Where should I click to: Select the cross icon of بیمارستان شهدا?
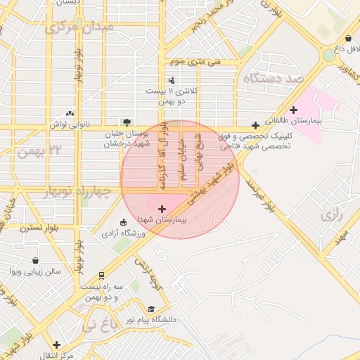(163, 208)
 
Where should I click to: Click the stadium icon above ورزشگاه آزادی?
(124, 222)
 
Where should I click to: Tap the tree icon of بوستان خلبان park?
(127, 122)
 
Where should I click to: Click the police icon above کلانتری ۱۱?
(171, 80)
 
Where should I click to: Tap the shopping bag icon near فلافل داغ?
(349, 39)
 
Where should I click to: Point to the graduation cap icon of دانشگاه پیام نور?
(150, 309)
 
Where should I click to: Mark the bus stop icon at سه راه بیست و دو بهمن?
(101, 275)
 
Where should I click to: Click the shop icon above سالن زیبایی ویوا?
(35, 260)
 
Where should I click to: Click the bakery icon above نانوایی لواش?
(69, 113)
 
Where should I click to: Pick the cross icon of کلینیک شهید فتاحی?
(255, 124)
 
